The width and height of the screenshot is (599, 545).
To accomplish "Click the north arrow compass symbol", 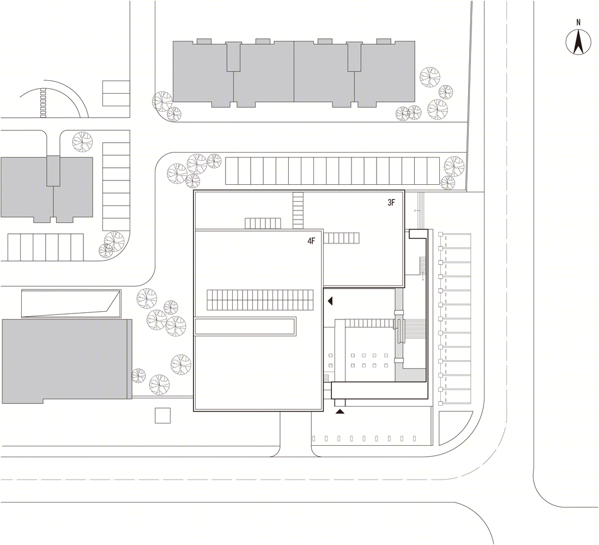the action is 578,42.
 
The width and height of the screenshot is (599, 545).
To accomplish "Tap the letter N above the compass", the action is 578,22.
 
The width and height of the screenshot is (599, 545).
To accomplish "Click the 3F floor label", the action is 391,203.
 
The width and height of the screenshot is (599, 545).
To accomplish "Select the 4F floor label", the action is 311,241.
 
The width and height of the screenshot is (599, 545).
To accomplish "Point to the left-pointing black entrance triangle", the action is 330,301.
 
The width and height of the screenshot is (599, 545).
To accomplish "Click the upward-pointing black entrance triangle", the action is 340,411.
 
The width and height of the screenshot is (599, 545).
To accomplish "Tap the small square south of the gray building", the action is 162,415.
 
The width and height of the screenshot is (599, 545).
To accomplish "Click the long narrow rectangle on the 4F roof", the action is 245,326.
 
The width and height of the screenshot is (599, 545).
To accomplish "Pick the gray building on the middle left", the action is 47,189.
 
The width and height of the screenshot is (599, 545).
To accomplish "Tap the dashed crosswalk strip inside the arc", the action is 43,103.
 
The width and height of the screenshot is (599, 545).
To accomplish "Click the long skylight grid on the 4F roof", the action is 260,300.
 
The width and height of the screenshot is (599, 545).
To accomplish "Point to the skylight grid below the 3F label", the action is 342,238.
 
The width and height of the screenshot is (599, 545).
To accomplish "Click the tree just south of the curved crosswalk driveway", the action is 82,140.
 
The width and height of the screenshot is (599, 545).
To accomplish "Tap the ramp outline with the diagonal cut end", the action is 71,304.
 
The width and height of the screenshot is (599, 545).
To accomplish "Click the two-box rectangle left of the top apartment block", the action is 116,93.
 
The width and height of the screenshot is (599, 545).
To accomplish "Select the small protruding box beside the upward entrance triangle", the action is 340,403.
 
